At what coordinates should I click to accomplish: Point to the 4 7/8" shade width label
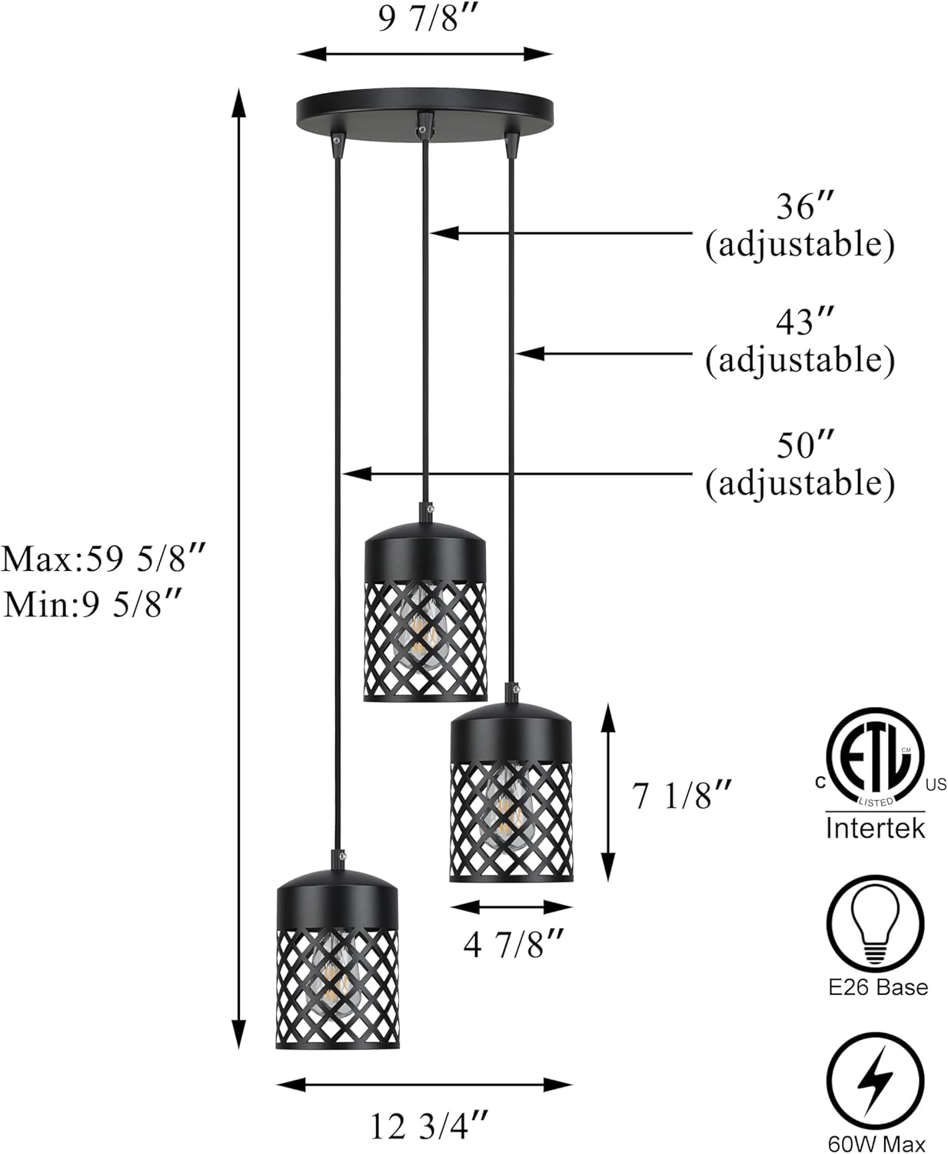point(514,944)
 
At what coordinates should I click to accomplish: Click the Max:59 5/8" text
point(105,559)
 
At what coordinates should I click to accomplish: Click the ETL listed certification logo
point(875,758)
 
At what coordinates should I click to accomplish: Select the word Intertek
point(876,829)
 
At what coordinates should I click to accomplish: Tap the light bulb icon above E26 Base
point(876,923)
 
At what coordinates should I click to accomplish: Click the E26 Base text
point(877,987)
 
